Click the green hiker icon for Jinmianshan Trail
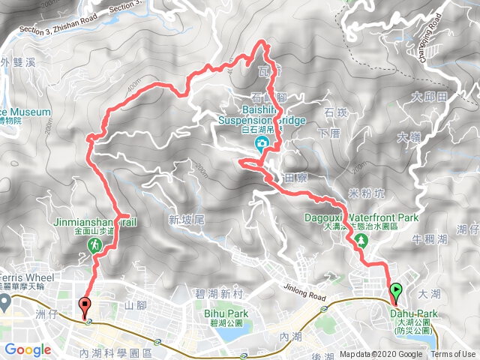pos(96,245)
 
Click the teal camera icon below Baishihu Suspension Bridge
pos(261,145)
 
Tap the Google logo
pos(28,349)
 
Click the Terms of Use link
pos(453,355)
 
